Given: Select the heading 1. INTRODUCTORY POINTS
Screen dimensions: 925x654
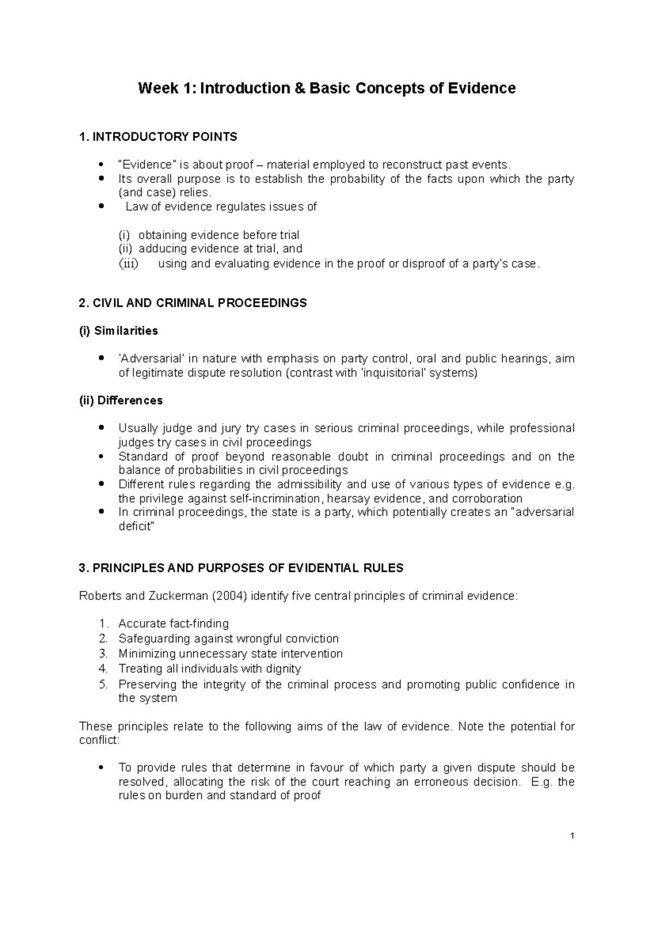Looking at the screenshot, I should (158, 137).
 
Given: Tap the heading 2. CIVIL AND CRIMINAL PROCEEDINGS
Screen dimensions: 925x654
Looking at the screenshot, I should (193, 303).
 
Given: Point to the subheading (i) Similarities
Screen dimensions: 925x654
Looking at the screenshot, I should (118, 331).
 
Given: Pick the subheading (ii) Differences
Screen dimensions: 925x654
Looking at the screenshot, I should (121, 400).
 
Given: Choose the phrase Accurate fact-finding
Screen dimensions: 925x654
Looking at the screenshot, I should (173, 624).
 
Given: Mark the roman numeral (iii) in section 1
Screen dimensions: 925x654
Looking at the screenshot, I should (129, 264).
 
